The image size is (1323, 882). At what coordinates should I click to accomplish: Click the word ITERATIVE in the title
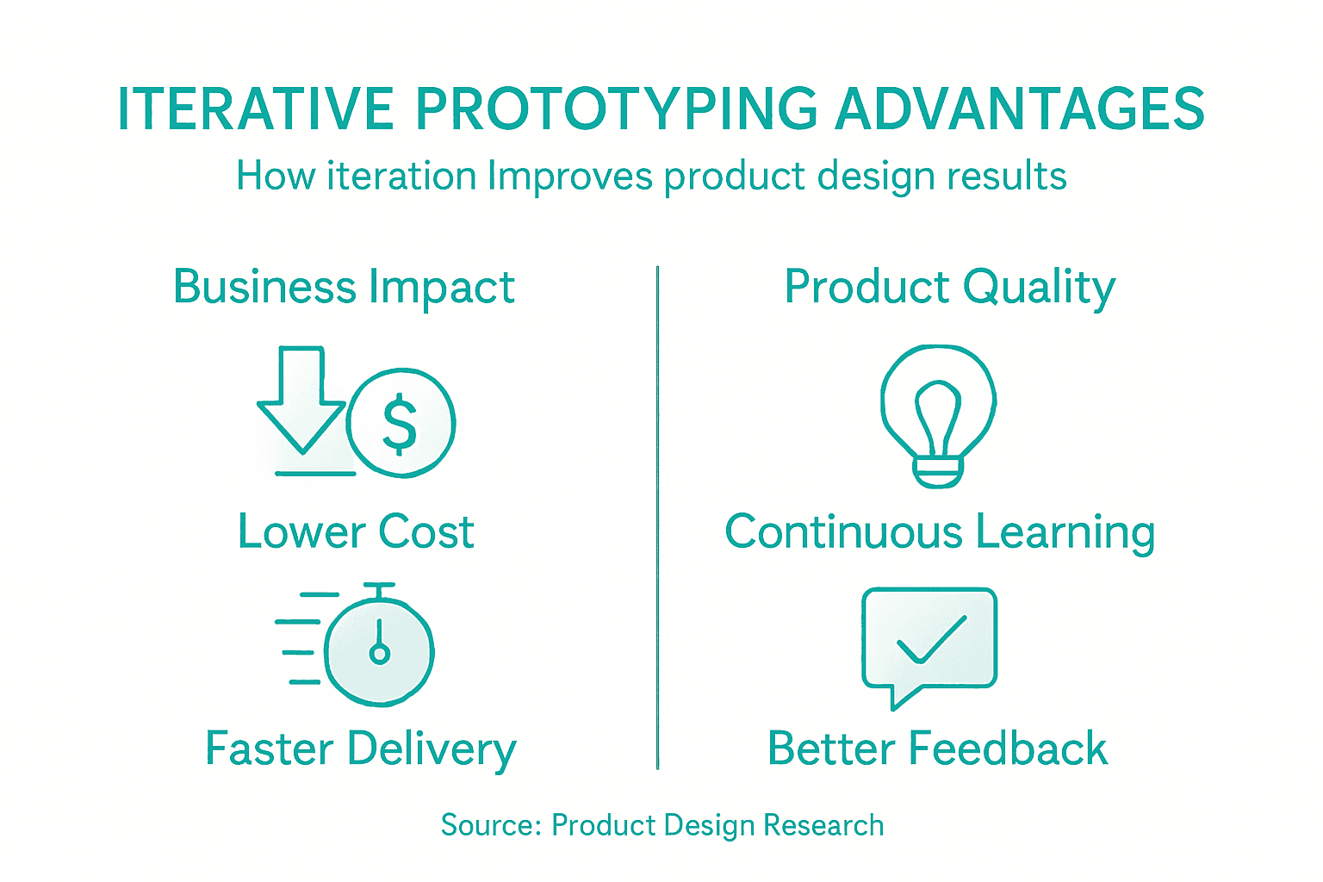pyautogui.click(x=255, y=109)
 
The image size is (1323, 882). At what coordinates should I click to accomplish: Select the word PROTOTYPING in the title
pyautogui.click(x=617, y=109)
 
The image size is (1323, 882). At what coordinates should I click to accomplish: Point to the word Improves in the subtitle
pyautogui.click(x=570, y=177)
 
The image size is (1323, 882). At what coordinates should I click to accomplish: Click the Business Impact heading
pyautogui.click(x=344, y=287)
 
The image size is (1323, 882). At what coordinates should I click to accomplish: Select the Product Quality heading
pyautogui.click(x=949, y=287)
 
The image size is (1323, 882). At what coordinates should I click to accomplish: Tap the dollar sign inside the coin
pyautogui.click(x=400, y=423)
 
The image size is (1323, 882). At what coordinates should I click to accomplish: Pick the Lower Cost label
pyautogui.click(x=356, y=531)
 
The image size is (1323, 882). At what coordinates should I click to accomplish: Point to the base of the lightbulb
pyautogui.click(x=938, y=472)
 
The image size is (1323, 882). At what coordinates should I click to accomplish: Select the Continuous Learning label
pyautogui.click(x=940, y=531)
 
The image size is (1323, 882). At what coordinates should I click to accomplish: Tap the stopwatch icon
pyautogui.click(x=379, y=650)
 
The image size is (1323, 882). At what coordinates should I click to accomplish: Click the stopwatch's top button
pyautogui.click(x=379, y=587)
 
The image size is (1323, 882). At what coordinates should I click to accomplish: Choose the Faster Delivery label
pyautogui.click(x=360, y=748)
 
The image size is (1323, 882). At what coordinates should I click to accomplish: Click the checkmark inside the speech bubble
pyautogui.click(x=930, y=641)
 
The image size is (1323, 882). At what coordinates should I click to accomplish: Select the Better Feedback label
pyautogui.click(x=937, y=748)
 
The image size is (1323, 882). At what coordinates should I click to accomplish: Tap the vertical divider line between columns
pyautogui.click(x=657, y=517)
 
